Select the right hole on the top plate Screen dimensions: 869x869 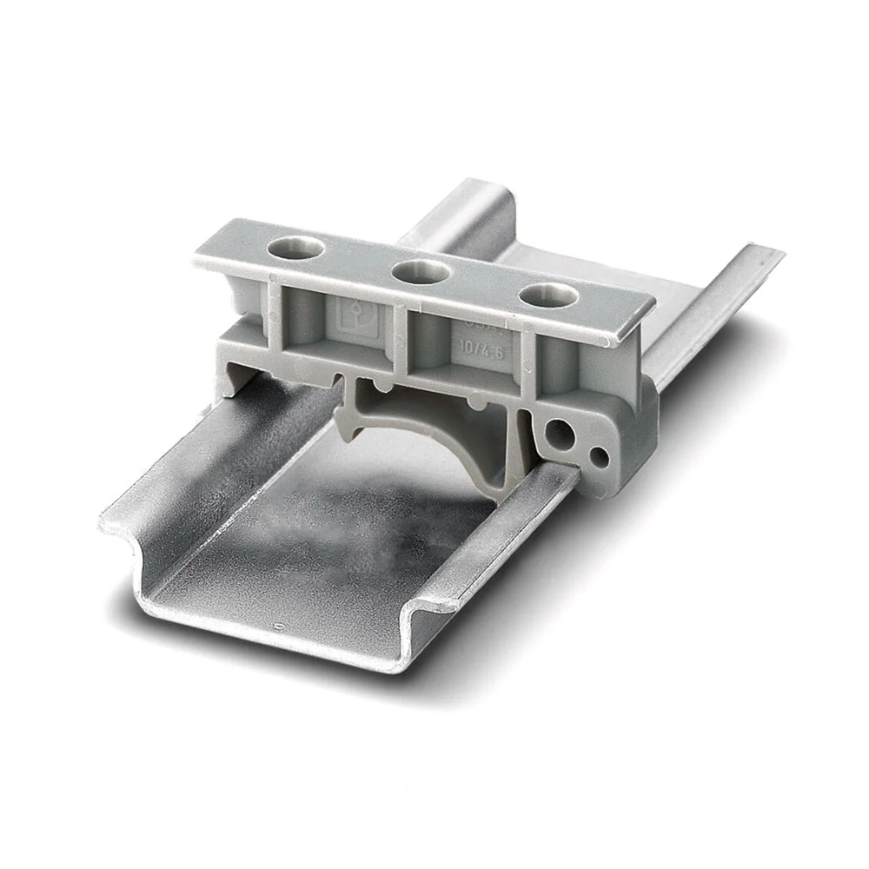click(545, 295)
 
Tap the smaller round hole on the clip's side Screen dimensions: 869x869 click(599, 454)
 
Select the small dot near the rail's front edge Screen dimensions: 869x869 click(277, 627)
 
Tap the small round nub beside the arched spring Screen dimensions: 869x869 click(476, 404)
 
